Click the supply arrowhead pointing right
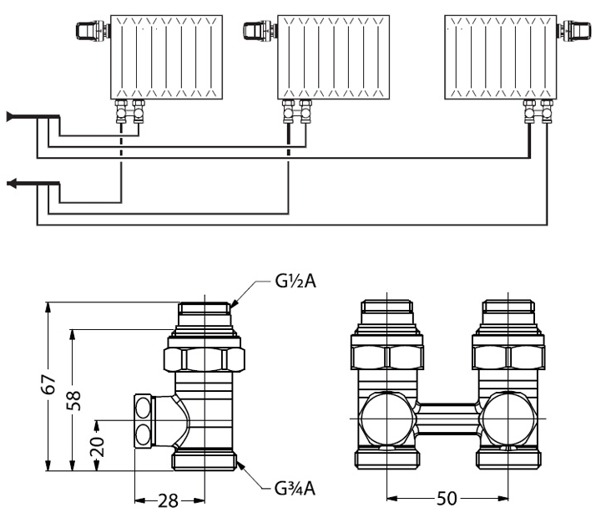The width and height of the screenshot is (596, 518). [x=10, y=116]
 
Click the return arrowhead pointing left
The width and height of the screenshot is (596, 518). [x=11, y=183]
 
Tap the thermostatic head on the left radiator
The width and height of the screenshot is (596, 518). [x=88, y=31]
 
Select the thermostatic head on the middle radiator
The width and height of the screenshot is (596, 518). [x=256, y=31]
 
